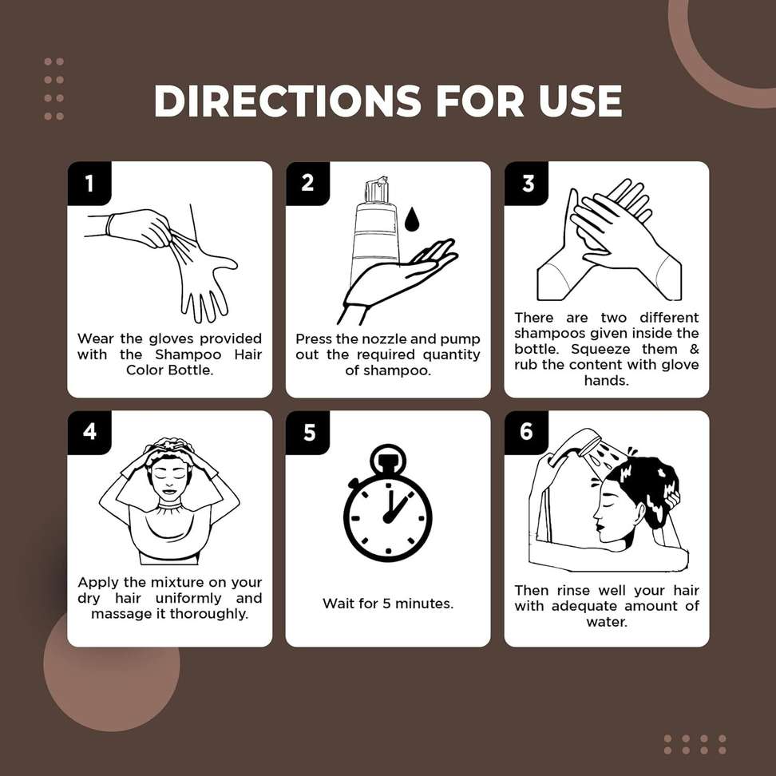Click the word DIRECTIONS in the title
tap(287, 101)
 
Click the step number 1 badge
tap(89, 183)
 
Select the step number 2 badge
tap(307, 183)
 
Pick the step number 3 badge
tap(528, 183)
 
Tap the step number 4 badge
tap(89, 432)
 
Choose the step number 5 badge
tap(309, 432)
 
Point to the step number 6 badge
tap(526, 431)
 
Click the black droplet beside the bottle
tap(412, 220)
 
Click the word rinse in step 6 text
tap(573, 591)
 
